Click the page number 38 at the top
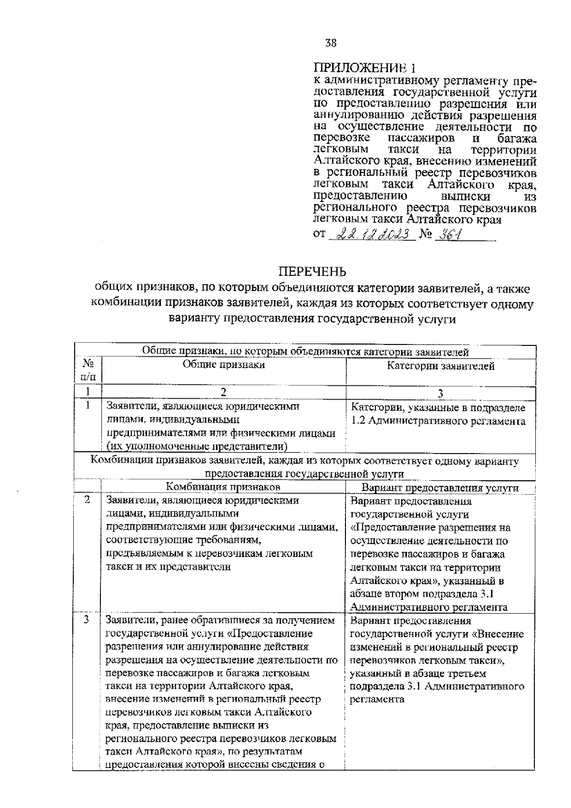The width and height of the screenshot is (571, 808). click(x=331, y=43)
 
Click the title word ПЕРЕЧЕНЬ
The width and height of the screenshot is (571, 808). click(x=312, y=272)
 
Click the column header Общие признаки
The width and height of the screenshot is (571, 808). click(x=224, y=365)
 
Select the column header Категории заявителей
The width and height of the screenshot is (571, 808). click(x=440, y=366)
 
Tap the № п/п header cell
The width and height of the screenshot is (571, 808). click(x=88, y=371)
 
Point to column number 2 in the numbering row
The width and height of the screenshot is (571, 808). click(x=224, y=393)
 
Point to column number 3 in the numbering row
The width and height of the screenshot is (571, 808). click(x=440, y=394)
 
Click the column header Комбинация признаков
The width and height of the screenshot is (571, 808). click(x=223, y=487)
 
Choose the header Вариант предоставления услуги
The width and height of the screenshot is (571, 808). click(x=440, y=488)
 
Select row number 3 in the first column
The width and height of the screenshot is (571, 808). click(x=87, y=620)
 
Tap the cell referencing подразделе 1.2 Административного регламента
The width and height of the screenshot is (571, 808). click(x=438, y=414)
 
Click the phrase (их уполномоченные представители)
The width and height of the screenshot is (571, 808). click(x=197, y=446)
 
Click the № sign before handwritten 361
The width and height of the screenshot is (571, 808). click(x=425, y=235)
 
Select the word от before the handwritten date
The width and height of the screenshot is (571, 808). click(x=319, y=235)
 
